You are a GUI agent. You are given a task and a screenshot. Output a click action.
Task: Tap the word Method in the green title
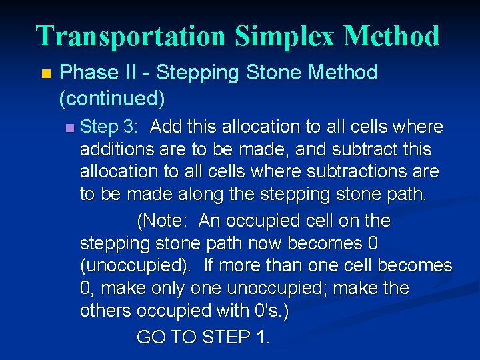click(391, 36)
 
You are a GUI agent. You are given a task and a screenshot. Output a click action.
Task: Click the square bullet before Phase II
click(45, 73)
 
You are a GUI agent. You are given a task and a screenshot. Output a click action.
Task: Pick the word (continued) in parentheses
click(111, 99)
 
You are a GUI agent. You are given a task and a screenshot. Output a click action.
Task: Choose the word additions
click(116, 149)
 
